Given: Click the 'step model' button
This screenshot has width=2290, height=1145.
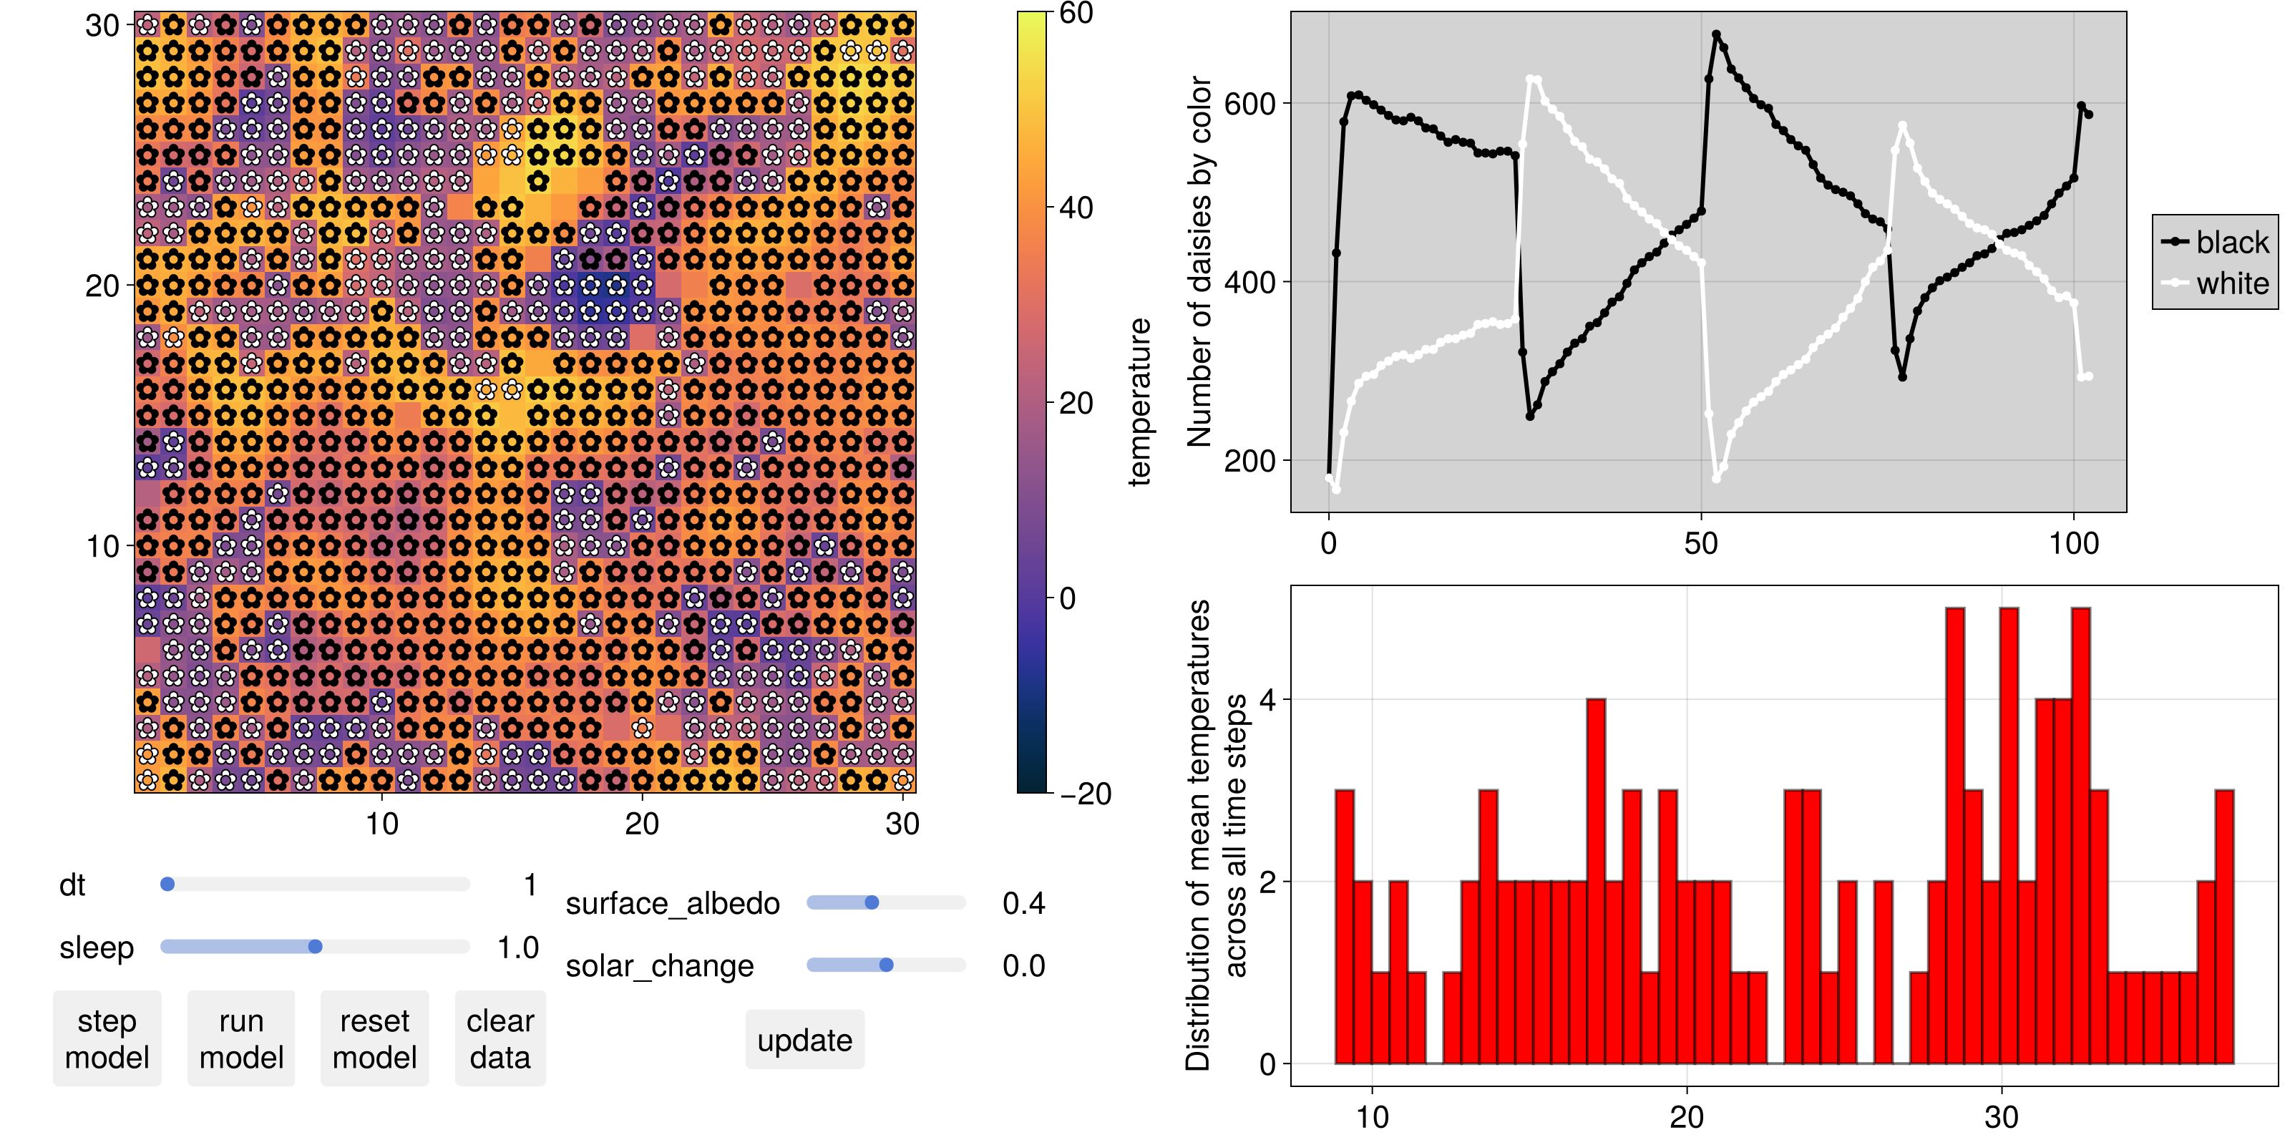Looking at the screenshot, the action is [x=107, y=1038].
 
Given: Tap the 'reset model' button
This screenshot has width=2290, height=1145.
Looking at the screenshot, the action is [x=374, y=1038].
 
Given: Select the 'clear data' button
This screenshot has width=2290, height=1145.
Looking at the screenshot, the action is [x=500, y=1038].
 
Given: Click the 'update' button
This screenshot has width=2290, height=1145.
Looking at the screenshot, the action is [x=804, y=1039].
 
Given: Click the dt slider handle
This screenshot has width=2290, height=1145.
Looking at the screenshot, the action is [x=167, y=885].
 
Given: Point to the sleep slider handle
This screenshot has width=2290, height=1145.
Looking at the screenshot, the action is [x=315, y=947].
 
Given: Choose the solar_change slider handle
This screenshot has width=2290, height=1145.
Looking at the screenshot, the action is [x=887, y=965].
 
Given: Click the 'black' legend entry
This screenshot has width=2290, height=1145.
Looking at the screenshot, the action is [x=2216, y=242].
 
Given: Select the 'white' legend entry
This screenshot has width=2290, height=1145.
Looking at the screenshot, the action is [x=2216, y=283].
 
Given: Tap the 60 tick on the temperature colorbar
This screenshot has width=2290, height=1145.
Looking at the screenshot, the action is [x=1076, y=14].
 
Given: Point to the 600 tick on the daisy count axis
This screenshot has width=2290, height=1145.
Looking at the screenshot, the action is [x=1250, y=103].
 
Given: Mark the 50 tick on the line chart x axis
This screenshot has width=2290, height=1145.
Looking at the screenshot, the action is [x=1700, y=543].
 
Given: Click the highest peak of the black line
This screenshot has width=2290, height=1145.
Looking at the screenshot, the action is [x=1716, y=34].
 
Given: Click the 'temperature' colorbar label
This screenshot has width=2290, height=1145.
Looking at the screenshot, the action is [x=1139, y=401].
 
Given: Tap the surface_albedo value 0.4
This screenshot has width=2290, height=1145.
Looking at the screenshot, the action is [x=1023, y=903].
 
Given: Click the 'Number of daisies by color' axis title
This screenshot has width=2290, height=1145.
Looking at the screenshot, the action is [x=1199, y=261].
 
